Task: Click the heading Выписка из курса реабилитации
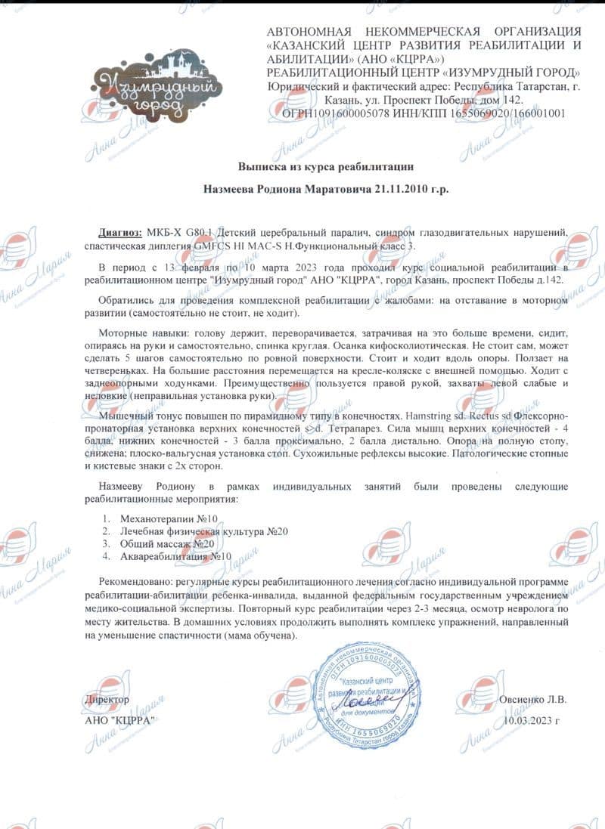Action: click(326, 165)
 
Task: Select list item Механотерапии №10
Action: click(169, 518)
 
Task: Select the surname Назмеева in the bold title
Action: click(239, 189)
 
